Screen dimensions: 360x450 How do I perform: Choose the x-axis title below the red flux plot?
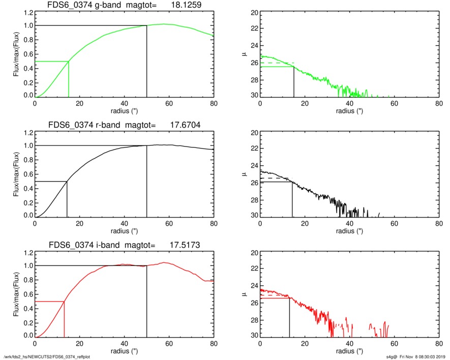(x=124, y=351)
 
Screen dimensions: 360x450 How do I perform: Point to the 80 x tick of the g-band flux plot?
(x=214, y=103)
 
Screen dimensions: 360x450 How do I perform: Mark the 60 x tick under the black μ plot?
(x=395, y=223)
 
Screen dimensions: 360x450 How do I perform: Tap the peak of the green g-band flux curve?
(x=164, y=24)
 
